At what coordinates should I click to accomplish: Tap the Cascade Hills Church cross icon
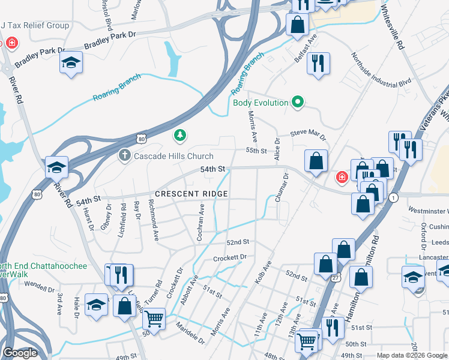point(124,156)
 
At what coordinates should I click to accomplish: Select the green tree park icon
point(179,136)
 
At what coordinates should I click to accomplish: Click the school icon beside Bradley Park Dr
point(71,63)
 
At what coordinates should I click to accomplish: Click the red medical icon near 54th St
point(342,178)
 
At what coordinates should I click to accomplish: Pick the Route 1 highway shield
point(394,197)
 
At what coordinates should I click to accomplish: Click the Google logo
point(19,353)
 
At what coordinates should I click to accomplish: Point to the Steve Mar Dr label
point(308,134)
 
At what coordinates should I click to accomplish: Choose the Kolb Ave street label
point(262,272)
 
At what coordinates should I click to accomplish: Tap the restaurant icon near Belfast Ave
point(318,63)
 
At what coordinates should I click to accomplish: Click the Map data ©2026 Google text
point(412,355)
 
